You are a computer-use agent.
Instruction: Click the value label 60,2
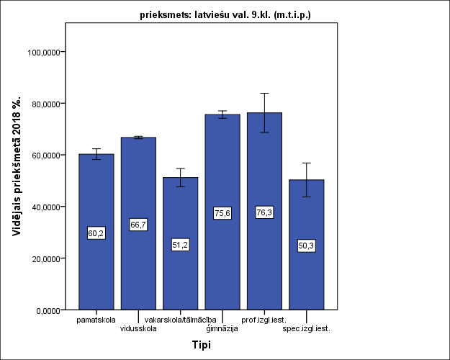point(96,233)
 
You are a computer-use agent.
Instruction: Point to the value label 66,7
point(138,225)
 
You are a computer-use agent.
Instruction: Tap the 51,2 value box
point(181,245)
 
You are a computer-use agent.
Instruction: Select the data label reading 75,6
point(222,213)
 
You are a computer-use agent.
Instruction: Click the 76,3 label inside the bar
point(265,212)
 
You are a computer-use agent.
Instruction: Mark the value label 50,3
point(307,246)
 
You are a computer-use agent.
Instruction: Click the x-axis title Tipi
point(202,345)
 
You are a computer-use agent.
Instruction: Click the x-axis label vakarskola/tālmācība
point(180,320)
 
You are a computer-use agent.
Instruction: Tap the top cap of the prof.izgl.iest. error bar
point(265,93)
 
